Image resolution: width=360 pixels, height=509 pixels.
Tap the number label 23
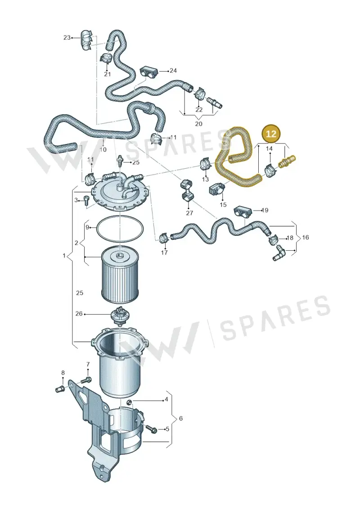coord(67,38)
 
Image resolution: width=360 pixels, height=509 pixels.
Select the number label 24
coord(173,71)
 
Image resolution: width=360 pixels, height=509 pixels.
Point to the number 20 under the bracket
coord(198,124)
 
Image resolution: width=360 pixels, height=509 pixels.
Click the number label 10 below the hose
coord(103,149)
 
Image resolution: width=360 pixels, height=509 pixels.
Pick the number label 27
coord(189,213)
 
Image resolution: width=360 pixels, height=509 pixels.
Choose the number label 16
coord(305,237)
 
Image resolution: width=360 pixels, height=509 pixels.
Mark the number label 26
coord(79,314)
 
